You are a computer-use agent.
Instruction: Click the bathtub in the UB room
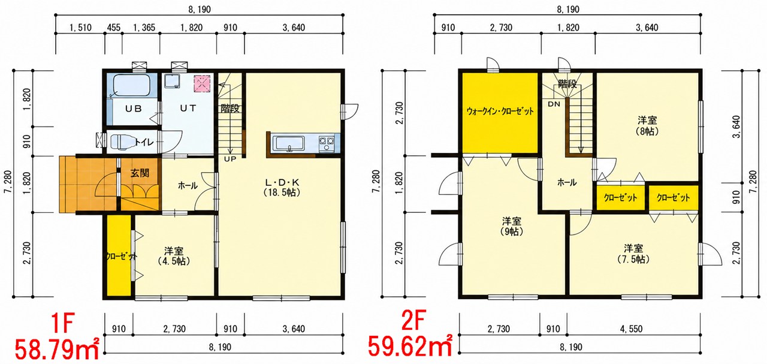point(131,86)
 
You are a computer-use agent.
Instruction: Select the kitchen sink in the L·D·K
point(288,144)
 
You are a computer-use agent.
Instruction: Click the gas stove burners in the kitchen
point(327,144)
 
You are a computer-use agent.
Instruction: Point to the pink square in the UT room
point(202,83)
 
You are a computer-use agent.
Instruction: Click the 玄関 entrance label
point(140,173)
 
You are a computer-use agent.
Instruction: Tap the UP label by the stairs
point(230,159)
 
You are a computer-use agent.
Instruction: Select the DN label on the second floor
point(554,104)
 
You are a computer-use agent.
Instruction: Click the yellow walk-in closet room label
point(500,112)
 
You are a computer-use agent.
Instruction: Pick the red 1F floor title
point(63,323)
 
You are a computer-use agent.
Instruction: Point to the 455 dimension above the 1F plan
point(114,28)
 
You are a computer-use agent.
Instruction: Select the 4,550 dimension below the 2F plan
point(631,329)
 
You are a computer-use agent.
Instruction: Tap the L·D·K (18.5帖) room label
point(282,187)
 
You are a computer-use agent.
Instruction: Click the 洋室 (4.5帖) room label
point(174,256)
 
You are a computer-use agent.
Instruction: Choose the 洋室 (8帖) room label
point(647,125)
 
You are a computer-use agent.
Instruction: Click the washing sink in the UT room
point(172,81)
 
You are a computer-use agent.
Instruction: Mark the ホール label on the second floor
point(567,183)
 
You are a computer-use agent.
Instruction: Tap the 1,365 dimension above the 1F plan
point(144,28)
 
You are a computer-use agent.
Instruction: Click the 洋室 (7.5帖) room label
point(633,254)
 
